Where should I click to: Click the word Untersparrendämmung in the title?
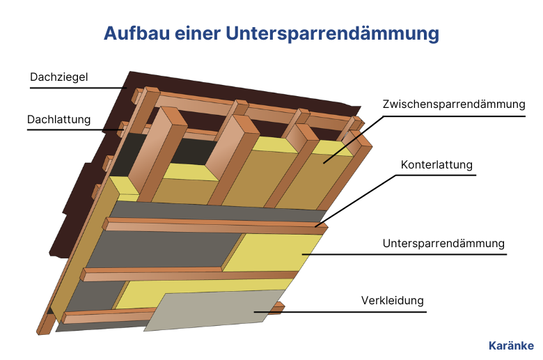click(333, 33)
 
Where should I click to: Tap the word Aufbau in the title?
click(136, 33)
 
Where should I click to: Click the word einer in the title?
click(198, 33)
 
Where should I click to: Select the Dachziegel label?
click(59, 77)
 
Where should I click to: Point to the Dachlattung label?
click(59, 119)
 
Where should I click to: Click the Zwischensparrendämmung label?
click(454, 104)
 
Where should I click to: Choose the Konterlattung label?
click(436, 164)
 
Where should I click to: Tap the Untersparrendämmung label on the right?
click(443, 243)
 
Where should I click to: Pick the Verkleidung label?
click(393, 300)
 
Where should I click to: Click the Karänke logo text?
click(511, 345)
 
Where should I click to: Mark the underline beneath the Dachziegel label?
click(78, 88)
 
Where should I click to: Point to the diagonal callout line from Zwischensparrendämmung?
click(354, 140)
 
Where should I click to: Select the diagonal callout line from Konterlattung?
click(355, 201)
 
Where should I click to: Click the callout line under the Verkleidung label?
click(340, 312)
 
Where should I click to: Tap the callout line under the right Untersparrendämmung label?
click(404, 254)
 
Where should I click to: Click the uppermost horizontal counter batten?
click(214, 225)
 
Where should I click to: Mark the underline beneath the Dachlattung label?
click(75, 130)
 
